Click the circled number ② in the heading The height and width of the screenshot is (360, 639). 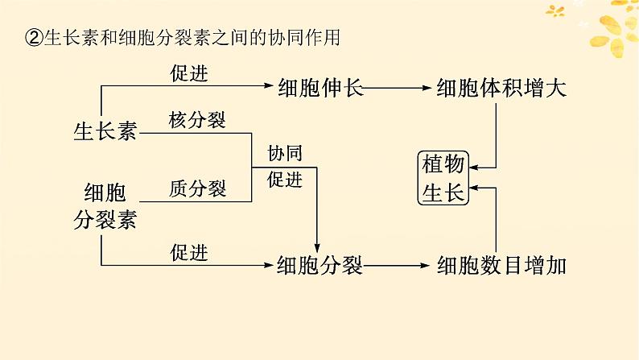(x=35, y=38)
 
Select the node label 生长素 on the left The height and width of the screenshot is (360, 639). (x=105, y=132)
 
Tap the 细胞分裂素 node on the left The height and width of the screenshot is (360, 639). (x=105, y=206)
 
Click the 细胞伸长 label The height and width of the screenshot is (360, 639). (x=320, y=87)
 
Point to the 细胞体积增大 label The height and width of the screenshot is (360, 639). (x=501, y=88)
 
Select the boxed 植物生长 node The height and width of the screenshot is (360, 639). (x=443, y=178)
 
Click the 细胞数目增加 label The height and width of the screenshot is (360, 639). (x=501, y=266)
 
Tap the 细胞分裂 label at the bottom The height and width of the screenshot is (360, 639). (x=319, y=266)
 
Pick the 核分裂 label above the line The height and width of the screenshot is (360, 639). (x=197, y=120)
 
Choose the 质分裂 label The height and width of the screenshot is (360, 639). (x=198, y=188)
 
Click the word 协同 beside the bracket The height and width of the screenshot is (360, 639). (x=285, y=153)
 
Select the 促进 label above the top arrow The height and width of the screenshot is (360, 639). (x=189, y=73)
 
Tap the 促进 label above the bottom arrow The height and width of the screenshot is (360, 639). (x=189, y=253)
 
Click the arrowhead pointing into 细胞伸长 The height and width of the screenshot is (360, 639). (x=269, y=85)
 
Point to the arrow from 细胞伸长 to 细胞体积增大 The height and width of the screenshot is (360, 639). (x=397, y=88)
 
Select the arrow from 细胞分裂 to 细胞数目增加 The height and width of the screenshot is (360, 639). (x=396, y=266)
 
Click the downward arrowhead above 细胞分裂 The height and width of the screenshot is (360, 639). (x=317, y=248)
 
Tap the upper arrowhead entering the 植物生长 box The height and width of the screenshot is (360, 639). (x=474, y=168)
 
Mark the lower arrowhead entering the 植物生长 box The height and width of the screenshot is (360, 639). (x=474, y=188)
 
